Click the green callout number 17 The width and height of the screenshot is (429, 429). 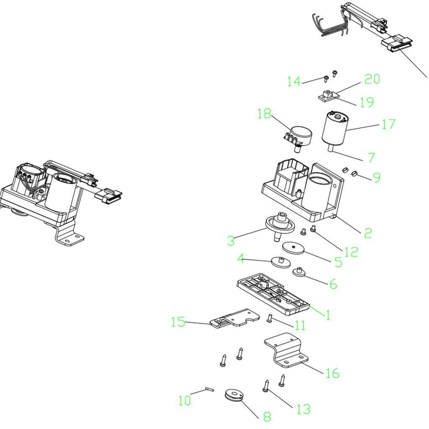click(388, 124)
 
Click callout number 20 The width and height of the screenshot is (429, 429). click(372, 79)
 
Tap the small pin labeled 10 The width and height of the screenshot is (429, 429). click(209, 389)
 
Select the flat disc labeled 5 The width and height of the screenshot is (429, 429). click(293, 248)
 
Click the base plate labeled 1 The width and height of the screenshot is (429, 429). click(273, 295)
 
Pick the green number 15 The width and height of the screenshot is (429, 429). click(178, 322)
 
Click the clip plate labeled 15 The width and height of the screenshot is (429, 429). click(235, 318)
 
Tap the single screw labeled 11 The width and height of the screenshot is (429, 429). click(269, 318)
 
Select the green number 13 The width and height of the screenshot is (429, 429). click(304, 409)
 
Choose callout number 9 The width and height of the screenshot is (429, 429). click(377, 177)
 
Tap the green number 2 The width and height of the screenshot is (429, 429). click(368, 233)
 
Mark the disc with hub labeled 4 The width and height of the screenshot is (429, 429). click(281, 262)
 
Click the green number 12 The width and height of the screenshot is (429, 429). click(351, 252)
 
